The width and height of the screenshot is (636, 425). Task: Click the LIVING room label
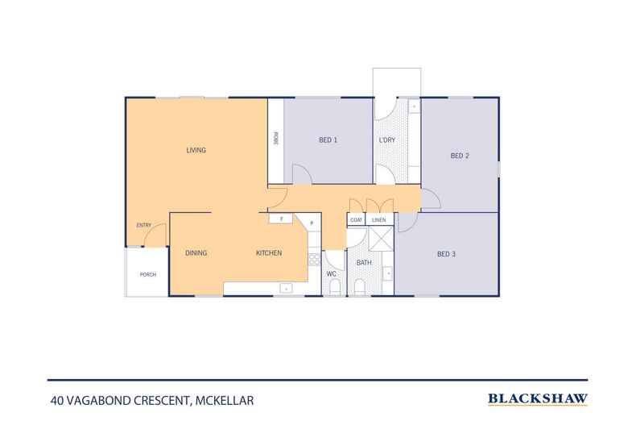(x=196, y=150)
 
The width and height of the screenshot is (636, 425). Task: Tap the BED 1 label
(x=328, y=140)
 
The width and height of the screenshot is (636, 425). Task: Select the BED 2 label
(x=460, y=156)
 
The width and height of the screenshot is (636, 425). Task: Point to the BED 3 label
(x=446, y=254)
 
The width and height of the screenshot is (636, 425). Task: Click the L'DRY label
(x=387, y=140)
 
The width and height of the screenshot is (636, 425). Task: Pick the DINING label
(x=196, y=253)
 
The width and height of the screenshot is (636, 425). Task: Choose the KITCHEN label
(x=269, y=253)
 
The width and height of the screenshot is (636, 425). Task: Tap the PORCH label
(x=148, y=275)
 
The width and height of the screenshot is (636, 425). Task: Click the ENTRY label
(x=144, y=225)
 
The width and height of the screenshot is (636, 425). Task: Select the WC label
(x=332, y=274)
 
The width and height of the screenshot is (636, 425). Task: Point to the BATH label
(x=364, y=263)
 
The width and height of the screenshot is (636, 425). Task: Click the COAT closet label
(x=356, y=220)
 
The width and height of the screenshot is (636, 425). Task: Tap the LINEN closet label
(x=379, y=220)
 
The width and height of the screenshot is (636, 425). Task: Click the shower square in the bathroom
(x=381, y=239)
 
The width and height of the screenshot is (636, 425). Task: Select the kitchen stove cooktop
(x=314, y=259)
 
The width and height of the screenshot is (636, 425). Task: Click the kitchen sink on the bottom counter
(x=286, y=289)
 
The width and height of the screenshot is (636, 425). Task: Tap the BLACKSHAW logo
(x=538, y=399)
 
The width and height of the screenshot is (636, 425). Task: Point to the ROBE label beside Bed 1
(x=276, y=139)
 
